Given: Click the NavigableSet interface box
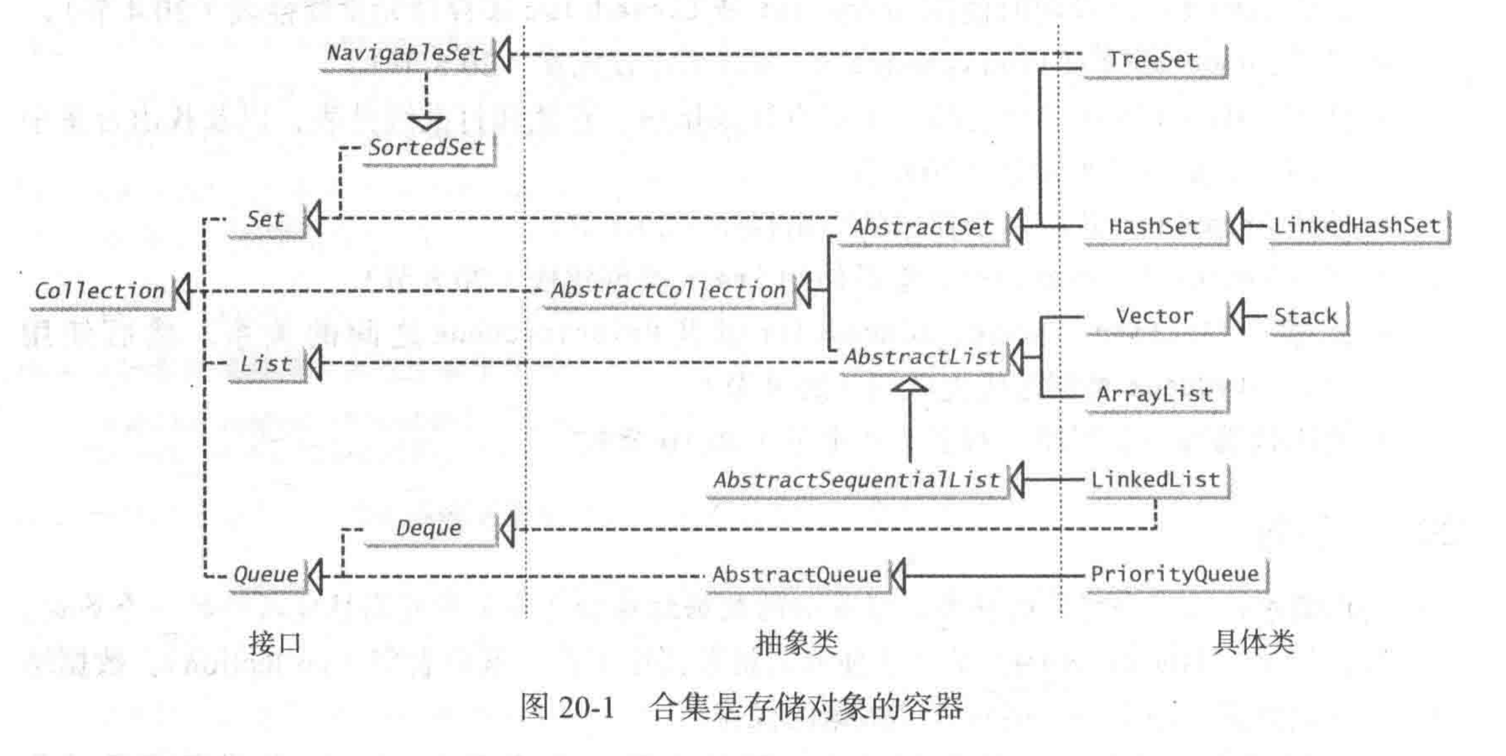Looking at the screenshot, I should pos(405,53).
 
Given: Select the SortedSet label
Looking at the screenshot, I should pos(427,148).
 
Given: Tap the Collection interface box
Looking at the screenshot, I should pos(100,291).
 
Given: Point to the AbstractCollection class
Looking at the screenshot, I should pos(668,290).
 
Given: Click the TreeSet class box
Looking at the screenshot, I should pos(1153,60).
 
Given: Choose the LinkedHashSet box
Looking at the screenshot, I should pos(1356,226).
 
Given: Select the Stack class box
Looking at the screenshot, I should pos(1306,317).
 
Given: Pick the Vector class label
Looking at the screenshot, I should pos(1154,316).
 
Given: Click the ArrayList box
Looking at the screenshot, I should pos(1155,395).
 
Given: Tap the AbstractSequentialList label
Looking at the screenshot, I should pos(857,480).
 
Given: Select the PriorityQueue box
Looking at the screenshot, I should pos(1175,574).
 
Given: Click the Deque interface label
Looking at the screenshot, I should pos(428,528).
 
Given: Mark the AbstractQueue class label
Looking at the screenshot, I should pos(796,575).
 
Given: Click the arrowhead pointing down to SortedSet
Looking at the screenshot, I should pos(426,122).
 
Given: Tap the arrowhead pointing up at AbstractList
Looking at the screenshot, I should pos(909,385).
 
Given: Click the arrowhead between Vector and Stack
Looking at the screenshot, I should pos(1236,317).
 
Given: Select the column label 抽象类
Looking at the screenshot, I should pos(796,643).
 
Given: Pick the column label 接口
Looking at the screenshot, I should pos(275,643).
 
